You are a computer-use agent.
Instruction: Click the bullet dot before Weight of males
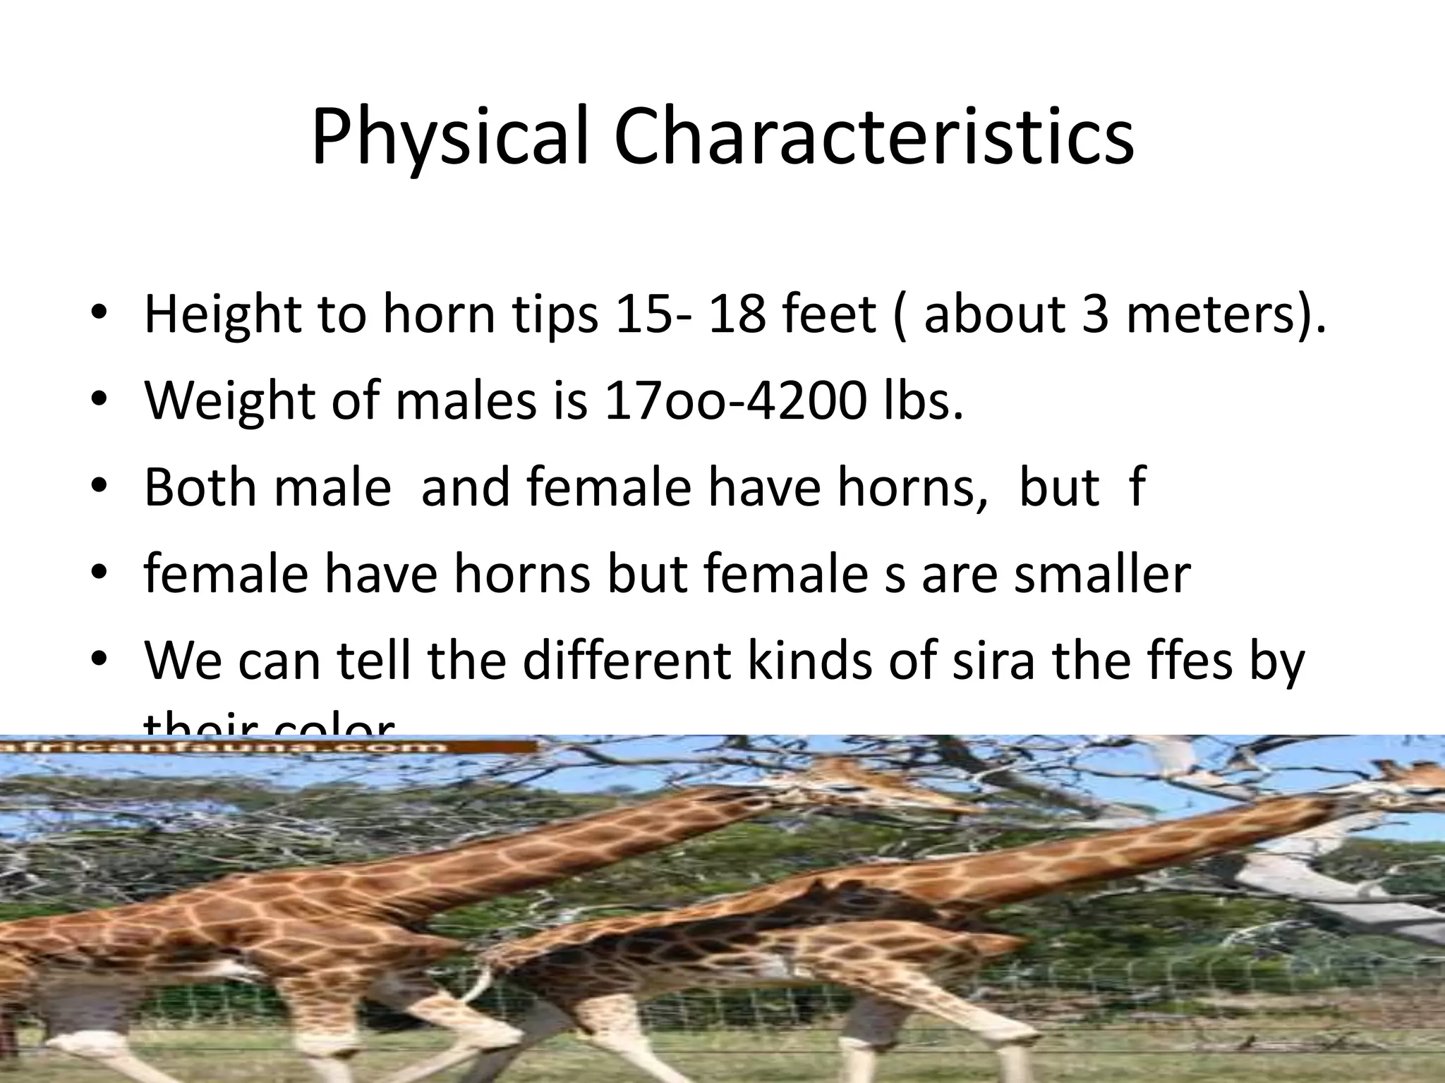click(x=98, y=400)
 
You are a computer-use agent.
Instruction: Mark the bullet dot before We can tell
click(x=98, y=660)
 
